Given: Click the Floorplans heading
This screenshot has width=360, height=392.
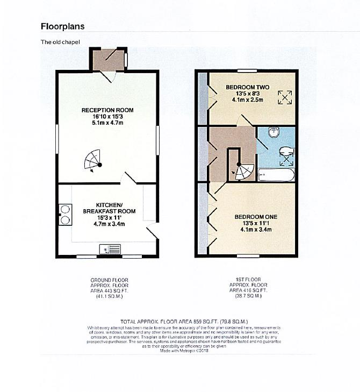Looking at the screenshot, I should [63, 26].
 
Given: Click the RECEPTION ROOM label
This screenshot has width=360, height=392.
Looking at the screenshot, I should [107, 110].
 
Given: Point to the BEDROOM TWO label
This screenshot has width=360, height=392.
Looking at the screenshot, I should [247, 87].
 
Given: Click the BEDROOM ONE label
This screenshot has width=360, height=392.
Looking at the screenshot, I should [252, 217].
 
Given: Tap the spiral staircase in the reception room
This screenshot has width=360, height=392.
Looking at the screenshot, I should [93, 160].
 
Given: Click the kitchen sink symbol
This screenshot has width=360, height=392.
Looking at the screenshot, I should [109, 249].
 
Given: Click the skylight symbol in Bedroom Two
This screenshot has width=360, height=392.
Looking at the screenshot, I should [284, 97].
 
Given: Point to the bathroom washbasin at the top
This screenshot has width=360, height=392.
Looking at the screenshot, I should [273, 131].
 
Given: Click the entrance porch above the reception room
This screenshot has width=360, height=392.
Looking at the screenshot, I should [108, 60].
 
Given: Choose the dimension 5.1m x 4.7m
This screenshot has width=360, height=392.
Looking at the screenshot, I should [107, 123].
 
